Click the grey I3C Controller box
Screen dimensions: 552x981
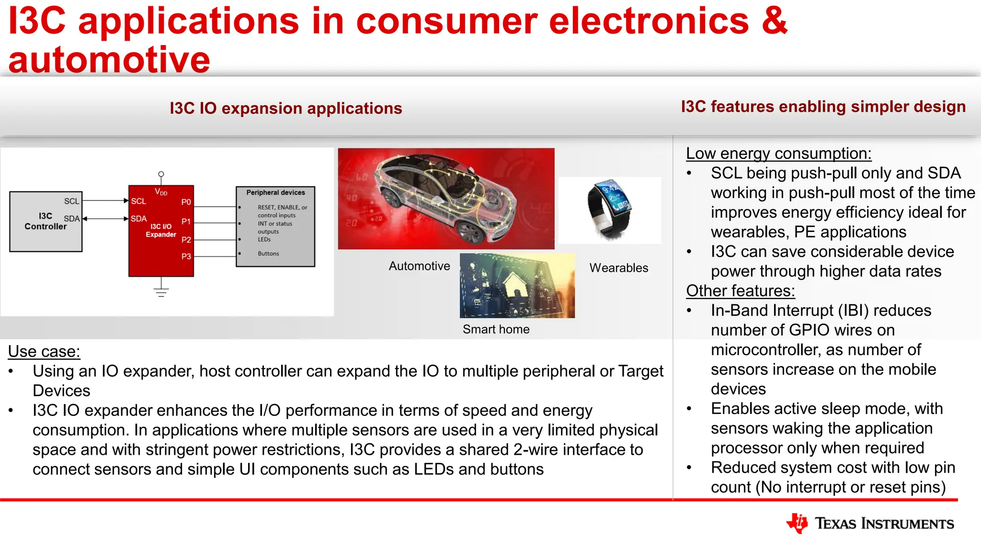pyautogui.click(x=46, y=221)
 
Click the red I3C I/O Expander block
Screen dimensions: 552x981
pyautogui.click(x=161, y=230)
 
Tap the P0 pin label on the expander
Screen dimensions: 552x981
pyautogui.click(x=186, y=202)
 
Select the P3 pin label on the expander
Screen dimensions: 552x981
pyautogui.click(x=186, y=256)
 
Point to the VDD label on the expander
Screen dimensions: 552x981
pyautogui.click(x=161, y=192)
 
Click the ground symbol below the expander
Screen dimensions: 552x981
pyautogui.click(x=161, y=291)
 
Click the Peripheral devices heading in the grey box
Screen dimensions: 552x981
pyautogui.click(x=275, y=193)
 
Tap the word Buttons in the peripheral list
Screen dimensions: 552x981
pyautogui.click(x=268, y=253)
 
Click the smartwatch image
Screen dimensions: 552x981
pyautogui.click(x=609, y=209)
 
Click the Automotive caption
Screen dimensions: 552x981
pyautogui.click(x=419, y=266)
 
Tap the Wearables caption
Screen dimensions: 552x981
pyautogui.click(x=618, y=268)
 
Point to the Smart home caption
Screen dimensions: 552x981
pyautogui.click(x=496, y=329)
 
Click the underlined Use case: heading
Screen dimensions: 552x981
pyautogui.click(x=44, y=351)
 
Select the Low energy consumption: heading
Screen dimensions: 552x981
pyautogui.click(x=778, y=153)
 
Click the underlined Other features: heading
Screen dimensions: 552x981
pyautogui.click(x=740, y=291)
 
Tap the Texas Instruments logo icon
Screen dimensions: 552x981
pyautogui.click(x=797, y=523)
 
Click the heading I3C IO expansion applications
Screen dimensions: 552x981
pyautogui.click(x=286, y=108)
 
